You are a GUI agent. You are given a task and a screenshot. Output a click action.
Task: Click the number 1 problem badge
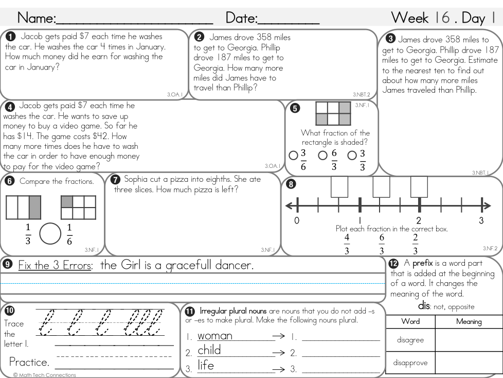[x=10, y=37]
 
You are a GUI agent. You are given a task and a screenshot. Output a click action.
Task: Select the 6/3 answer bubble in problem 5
[x=322, y=155]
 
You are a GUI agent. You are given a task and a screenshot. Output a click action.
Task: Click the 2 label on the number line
[x=419, y=221]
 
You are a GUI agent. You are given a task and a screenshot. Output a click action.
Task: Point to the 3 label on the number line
[x=481, y=221]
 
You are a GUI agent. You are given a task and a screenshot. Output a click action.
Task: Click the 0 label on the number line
[x=297, y=221]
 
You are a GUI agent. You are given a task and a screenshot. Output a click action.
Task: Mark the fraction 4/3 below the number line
[x=347, y=243]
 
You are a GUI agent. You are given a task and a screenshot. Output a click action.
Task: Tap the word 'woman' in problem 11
[x=215, y=336]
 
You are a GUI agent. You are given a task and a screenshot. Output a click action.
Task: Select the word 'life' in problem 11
[x=206, y=366]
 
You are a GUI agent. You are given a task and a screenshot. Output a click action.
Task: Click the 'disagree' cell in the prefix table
[x=410, y=340]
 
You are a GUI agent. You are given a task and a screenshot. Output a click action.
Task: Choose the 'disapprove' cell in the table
[x=410, y=363]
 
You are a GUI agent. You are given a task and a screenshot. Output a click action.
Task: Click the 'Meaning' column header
[x=469, y=321]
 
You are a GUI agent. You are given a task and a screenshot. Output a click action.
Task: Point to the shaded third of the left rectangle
[x=35, y=208]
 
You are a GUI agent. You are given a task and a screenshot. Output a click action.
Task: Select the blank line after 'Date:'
[x=288, y=21]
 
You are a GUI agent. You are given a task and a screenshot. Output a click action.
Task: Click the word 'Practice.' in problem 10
[x=29, y=362]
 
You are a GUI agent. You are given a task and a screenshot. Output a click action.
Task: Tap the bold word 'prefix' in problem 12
[x=423, y=263]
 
